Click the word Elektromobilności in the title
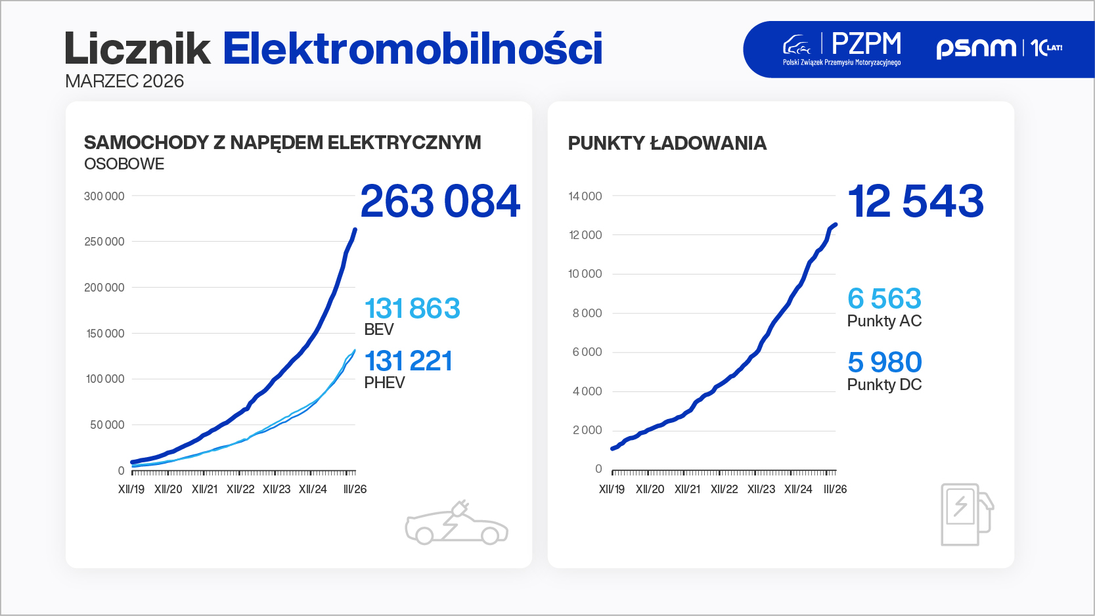(413, 49)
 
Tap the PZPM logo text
(866, 44)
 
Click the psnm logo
(976, 47)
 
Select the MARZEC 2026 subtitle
(124, 81)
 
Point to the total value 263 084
(440, 201)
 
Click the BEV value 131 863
(413, 309)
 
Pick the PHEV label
(384, 383)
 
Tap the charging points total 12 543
(916, 201)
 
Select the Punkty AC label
(884, 321)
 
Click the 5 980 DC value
(884, 363)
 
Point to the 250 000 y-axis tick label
(104, 242)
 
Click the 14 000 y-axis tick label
(585, 196)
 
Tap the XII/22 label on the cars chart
(240, 489)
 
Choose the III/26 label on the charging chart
(835, 489)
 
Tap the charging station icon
(966, 514)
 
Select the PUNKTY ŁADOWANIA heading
(667, 143)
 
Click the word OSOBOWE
(124, 164)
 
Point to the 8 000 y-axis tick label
(587, 313)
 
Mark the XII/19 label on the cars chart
(131, 489)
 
